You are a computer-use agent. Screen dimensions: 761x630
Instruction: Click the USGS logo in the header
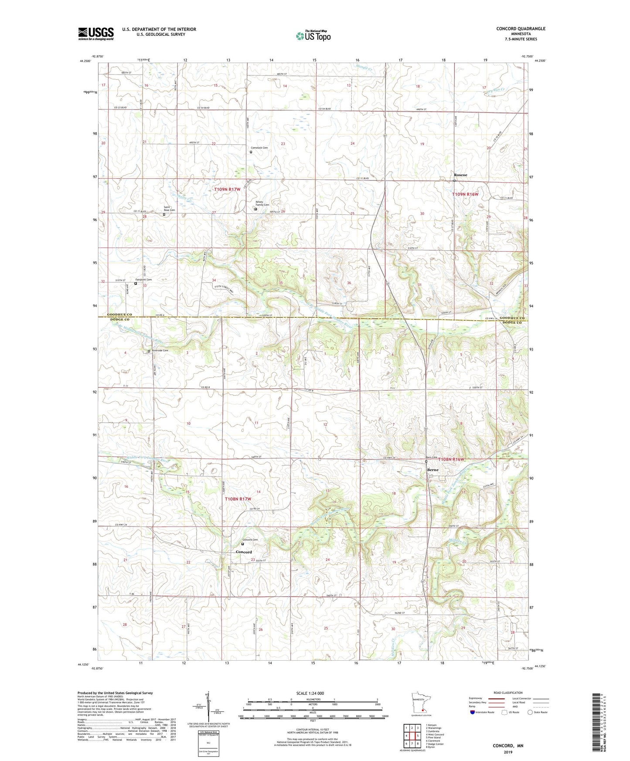96,34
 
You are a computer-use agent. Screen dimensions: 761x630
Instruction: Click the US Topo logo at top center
313,36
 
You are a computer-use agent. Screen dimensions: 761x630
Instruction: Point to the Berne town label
432,470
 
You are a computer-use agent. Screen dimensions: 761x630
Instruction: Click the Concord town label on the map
244,552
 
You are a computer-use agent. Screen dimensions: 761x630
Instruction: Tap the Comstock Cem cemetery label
259,148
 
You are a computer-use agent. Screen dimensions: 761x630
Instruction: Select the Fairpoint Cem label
143,279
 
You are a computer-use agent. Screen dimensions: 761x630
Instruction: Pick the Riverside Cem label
160,350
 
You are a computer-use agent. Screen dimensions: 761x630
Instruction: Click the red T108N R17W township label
238,499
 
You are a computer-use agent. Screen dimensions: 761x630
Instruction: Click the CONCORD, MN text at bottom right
508,746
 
